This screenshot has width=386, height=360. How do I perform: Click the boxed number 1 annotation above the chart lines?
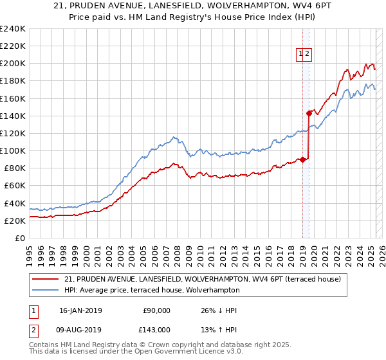[x=300, y=55]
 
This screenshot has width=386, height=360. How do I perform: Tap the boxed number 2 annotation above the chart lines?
[x=308, y=55]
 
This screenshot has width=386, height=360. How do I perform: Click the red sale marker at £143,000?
[x=309, y=113]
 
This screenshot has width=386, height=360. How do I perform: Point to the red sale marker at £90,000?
[x=302, y=159]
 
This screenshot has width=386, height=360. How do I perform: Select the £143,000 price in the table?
[x=154, y=330]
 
